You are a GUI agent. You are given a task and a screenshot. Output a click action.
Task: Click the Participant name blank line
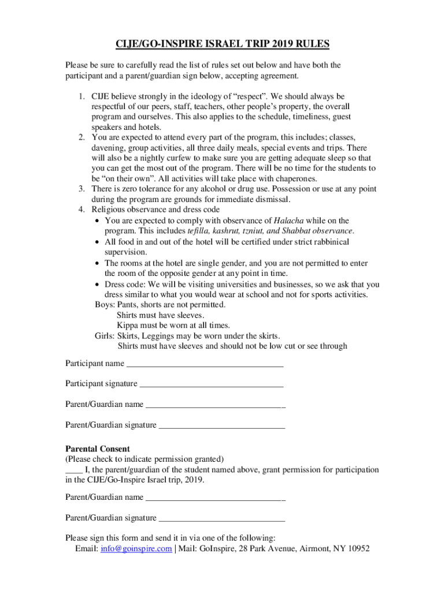pyautogui.click(x=205, y=364)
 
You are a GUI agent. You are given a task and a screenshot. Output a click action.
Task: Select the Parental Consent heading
pyautogui.click(x=97, y=449)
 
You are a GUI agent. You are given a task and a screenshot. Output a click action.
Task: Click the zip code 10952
pyautogui.click(x=356, y=549)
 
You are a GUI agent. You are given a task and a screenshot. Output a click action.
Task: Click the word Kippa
pyautogui.click(x=128, y=326)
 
